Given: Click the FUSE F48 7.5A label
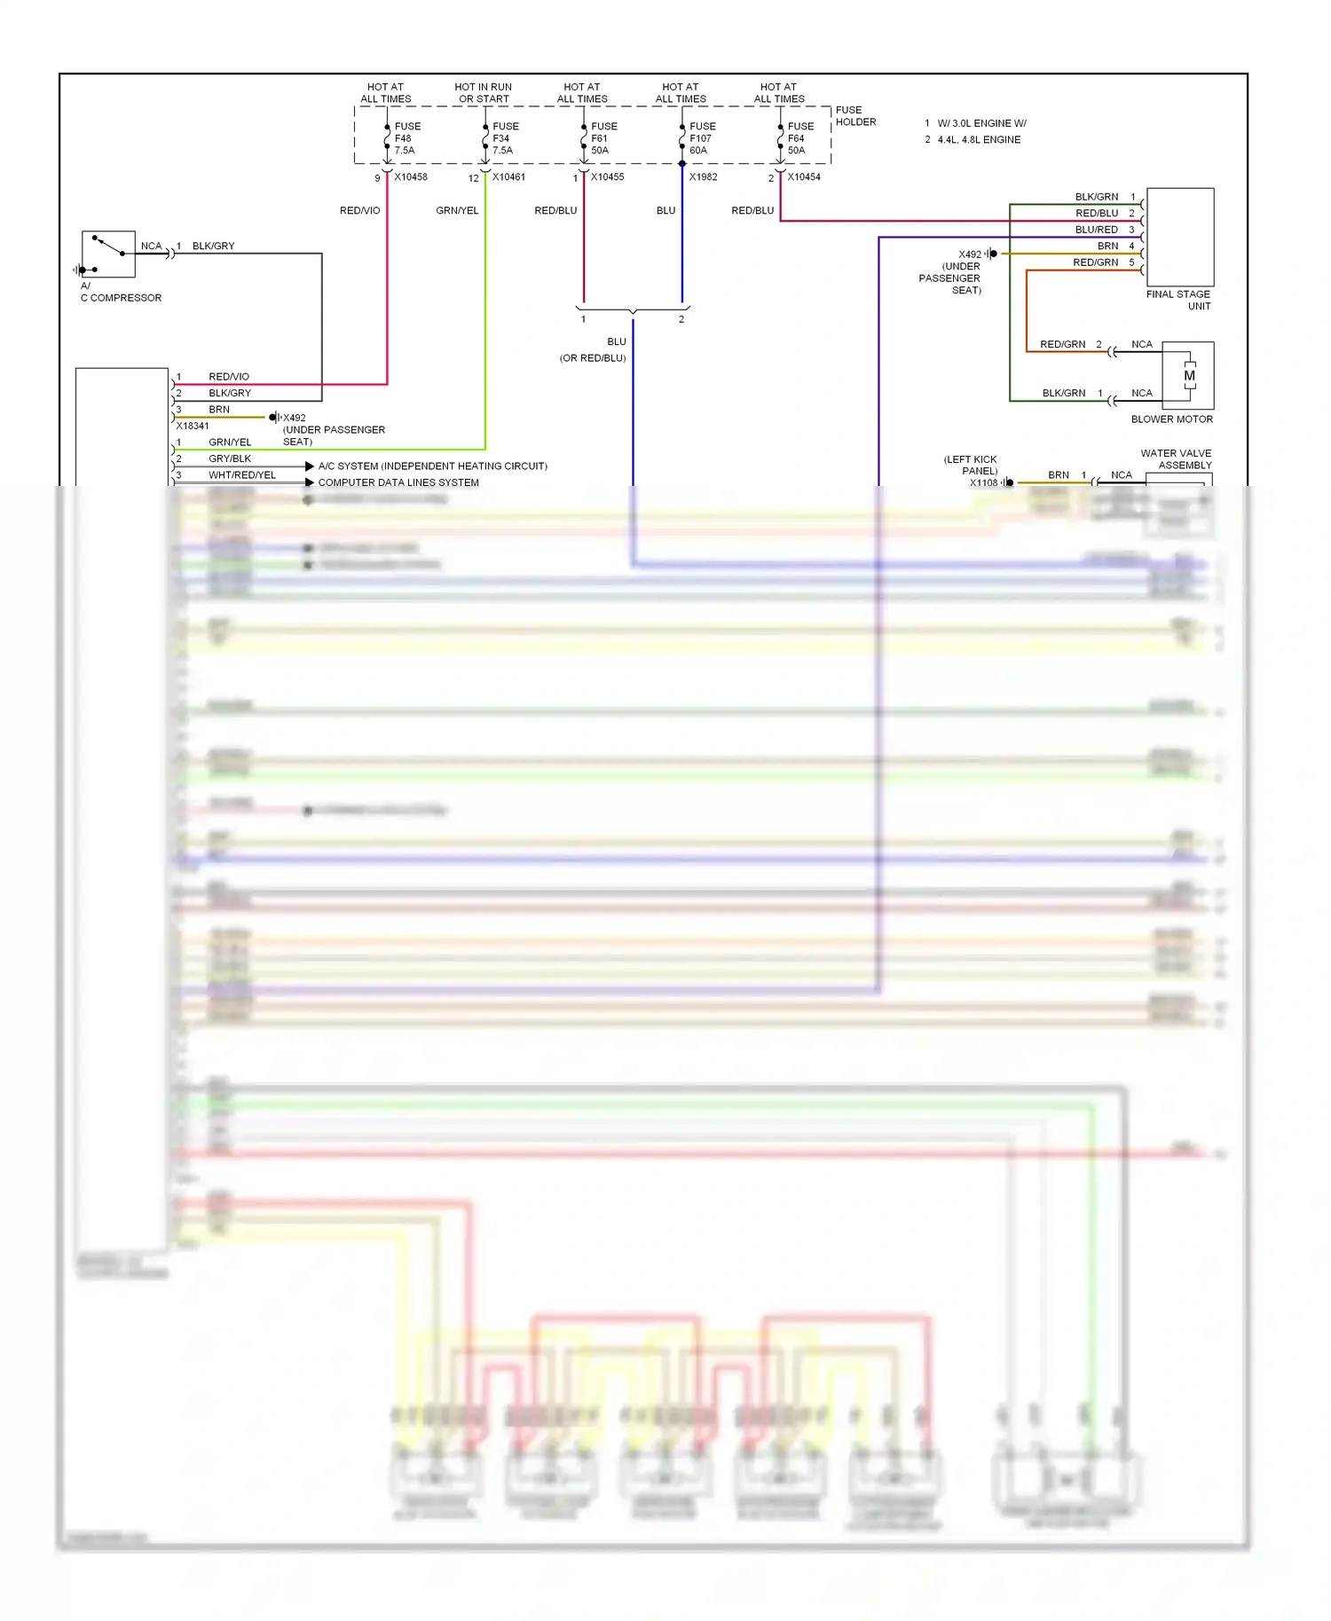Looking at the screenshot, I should click(406, 138).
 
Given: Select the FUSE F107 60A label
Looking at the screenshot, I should click(701, 138).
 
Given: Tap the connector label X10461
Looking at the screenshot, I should click(508, 177).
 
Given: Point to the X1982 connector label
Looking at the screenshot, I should click(703, 177).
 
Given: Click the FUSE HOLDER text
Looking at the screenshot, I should click(855, 116).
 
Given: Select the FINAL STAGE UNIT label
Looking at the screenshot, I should click(1178, 300).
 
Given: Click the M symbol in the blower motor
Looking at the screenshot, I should click(1189, 376).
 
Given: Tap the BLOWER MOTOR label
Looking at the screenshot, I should click(1171, 419).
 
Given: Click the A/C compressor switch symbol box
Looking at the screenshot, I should click(108, 254).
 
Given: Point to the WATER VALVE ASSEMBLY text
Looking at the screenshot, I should click(1177, 459).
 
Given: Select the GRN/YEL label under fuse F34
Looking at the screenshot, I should click(457, 211).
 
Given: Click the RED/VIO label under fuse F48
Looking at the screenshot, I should click(359, 211).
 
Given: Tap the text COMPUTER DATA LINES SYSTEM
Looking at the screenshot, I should click(398, 482).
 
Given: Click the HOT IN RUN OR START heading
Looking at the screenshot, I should click(484, 93).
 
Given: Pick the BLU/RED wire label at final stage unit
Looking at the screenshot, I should click(1096, 230).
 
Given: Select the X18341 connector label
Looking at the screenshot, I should click(193, 426).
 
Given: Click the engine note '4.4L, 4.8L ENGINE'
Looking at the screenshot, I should click(979, 140).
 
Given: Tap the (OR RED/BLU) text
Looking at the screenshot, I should click(592, 358).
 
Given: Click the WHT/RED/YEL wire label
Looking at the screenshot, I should click(242, 475).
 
